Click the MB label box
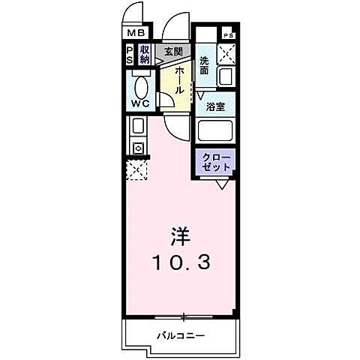click(x=136, y=33)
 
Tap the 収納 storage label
click(x=145, y=55)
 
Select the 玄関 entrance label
click(x=173, y=50)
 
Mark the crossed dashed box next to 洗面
click(x=227, y=54)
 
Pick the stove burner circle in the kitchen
click(x=137, y=148)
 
